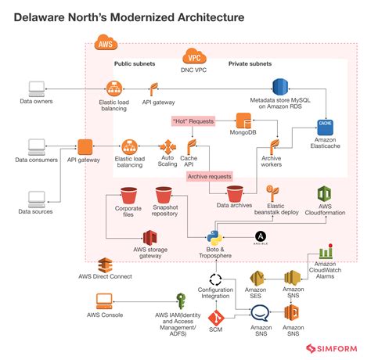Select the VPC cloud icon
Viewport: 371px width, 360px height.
coord(193,56)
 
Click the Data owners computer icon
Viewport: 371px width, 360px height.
coord(36,88)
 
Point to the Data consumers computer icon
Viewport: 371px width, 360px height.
coord(36,146)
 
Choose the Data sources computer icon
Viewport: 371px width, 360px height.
coord(36,198)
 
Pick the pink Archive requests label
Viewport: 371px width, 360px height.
coord(210,177)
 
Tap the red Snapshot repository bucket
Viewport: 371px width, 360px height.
coord(164,196)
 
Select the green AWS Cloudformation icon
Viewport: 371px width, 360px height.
coord(325,196)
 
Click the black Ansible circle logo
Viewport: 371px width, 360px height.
coord(260,236)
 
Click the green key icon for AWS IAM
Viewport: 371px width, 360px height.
coord(182,301)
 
